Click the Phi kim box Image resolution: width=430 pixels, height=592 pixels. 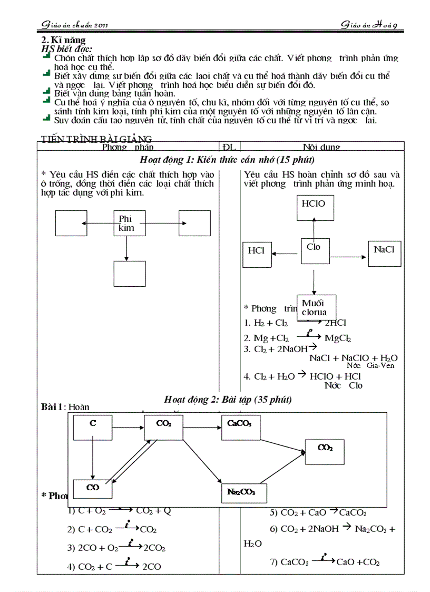pos(130,223)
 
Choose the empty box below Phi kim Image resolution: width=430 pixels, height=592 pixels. pos(129,274)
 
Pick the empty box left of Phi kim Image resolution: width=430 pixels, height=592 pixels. pos(71,223)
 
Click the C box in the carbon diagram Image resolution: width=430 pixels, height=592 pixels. pos(93,427)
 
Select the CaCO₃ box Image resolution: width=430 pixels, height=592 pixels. pos(240,427)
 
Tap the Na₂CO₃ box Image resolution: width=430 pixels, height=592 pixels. pos(244,492)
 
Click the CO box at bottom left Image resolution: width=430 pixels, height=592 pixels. pos(93,489)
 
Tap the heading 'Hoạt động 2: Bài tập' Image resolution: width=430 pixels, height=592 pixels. pos(228,400)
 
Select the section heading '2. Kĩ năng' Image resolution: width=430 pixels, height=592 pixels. pos(63,40)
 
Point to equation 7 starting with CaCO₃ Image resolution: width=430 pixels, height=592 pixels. pos(325,562)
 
